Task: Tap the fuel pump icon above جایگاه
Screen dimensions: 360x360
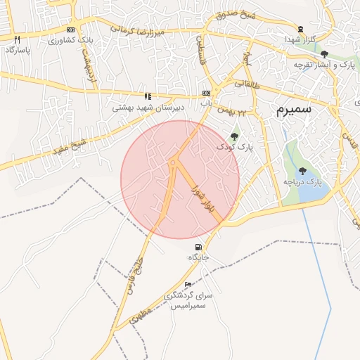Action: coord(198,247)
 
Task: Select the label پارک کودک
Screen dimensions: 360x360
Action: coord(234,147)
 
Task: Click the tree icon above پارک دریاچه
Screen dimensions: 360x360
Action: coord(302,171)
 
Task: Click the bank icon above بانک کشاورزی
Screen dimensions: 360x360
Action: coord(70,30)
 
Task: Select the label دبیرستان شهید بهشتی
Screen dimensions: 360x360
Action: coord(147,108)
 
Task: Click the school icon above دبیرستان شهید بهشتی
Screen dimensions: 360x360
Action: coord(148,96)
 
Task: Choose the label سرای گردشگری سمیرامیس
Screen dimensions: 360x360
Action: coord(188,301)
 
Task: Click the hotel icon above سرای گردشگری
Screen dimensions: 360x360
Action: coord(188,284)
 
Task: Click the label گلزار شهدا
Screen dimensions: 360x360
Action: coord(301,40)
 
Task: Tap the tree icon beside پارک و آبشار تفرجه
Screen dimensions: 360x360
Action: coord(323,54)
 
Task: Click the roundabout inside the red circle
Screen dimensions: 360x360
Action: coord(173,165)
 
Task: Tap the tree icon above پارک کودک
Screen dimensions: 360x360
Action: coord(234,136)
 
